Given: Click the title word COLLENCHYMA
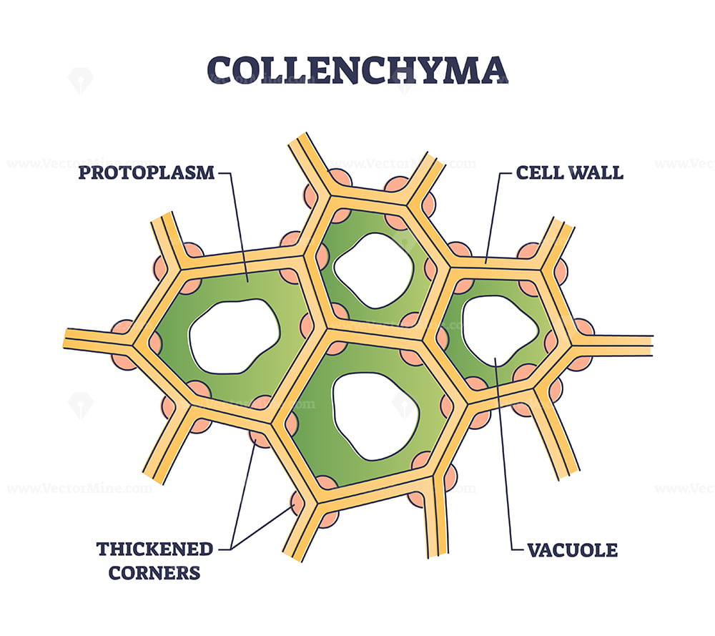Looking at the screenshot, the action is (357, 70).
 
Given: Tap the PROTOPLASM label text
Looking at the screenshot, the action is (147, 173).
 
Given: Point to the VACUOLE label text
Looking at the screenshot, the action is (572, 550).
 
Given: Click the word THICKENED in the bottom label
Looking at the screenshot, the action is (154, 549).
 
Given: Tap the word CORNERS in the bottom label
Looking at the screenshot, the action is (154, 572).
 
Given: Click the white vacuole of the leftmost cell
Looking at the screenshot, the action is (234, 336).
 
